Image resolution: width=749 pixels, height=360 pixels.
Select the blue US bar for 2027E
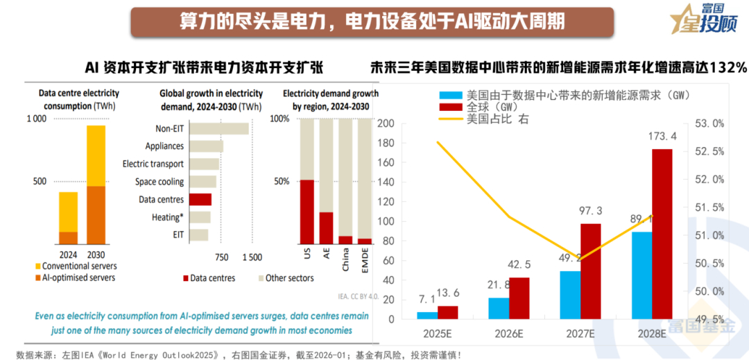570,295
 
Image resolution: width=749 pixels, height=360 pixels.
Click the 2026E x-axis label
509,333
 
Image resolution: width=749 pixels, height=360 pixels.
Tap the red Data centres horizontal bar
200,200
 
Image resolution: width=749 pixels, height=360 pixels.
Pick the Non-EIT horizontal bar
219,128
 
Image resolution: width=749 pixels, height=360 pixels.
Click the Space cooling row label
160,182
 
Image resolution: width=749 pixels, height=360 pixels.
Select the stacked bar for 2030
96,185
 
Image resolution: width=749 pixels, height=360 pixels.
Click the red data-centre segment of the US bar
306,212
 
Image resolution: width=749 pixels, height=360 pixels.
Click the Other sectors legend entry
289,278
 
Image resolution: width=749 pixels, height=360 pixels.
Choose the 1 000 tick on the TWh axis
36,119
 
